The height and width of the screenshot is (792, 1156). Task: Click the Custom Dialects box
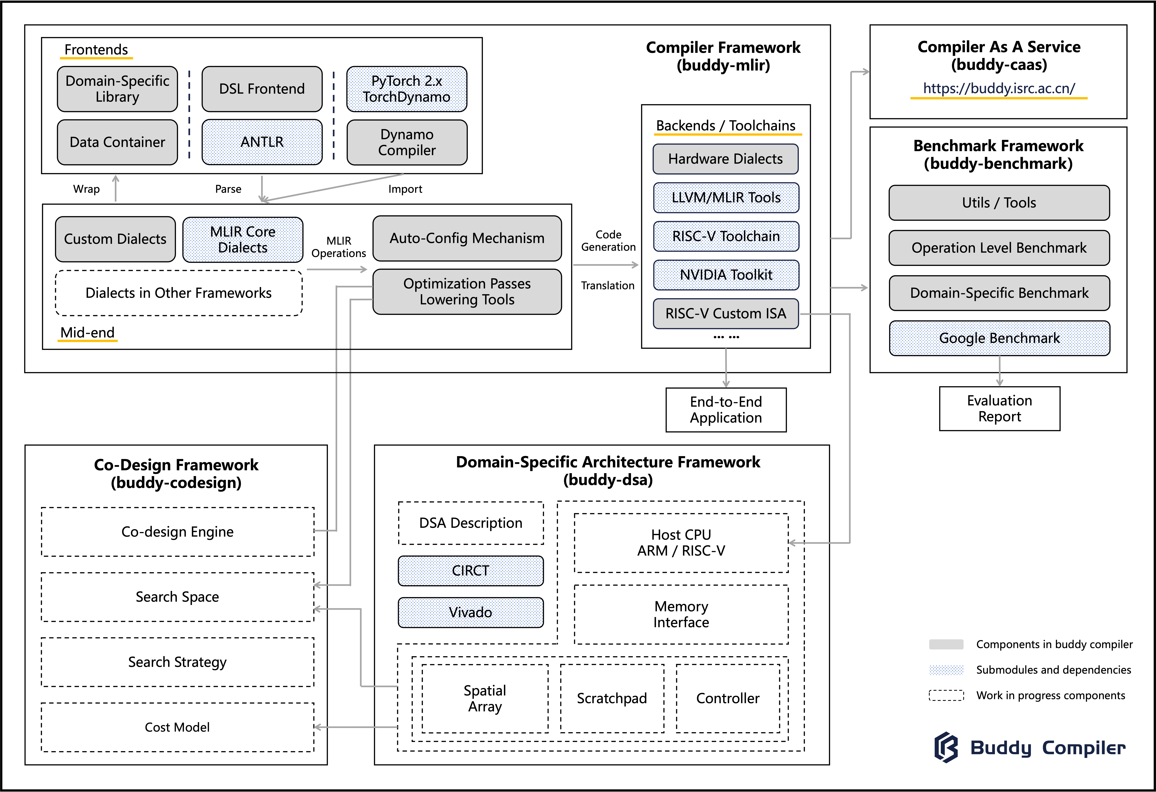(x=115, y=239)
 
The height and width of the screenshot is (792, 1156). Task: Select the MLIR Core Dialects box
(x=243, y=239)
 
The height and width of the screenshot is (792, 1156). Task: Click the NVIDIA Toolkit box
(x=726, y=275)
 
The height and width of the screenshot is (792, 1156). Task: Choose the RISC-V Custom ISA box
(x=726, y=314)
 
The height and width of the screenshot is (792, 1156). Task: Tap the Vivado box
(x=471, y=612)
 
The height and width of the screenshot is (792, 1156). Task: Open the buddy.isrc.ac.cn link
(x=999, y=89)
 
